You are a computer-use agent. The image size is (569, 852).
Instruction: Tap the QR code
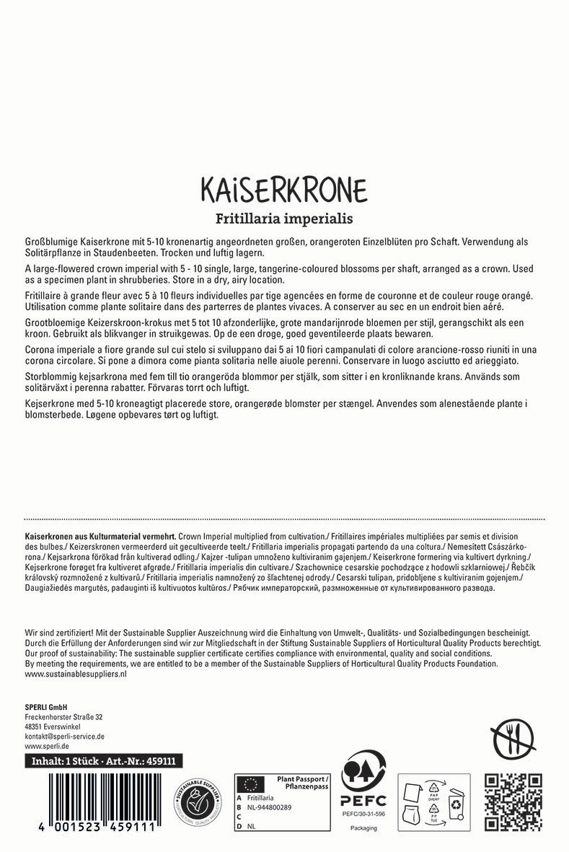point(513,802)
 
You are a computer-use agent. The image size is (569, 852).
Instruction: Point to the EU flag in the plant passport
point(251,783)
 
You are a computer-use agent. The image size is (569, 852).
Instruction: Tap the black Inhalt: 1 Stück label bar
point(104,761)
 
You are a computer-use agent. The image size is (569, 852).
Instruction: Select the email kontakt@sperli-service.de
point(65,737)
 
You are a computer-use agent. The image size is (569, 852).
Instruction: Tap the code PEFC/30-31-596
point(363,814)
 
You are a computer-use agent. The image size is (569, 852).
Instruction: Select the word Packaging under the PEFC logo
point(363,828)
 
